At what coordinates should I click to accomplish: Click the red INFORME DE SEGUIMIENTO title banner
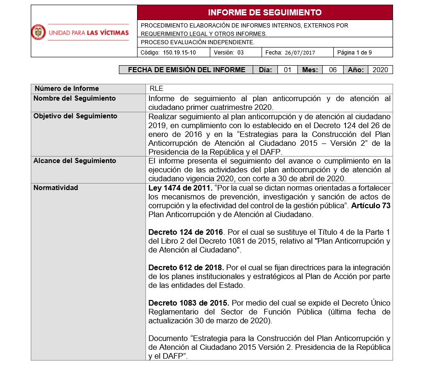tap(265, 13)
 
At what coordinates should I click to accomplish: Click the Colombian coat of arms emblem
tap(38, 32)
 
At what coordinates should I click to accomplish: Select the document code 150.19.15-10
tap(179, 53)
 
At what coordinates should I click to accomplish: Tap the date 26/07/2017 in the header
tap(297, 53)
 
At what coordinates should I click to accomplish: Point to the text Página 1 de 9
tap(354, 53)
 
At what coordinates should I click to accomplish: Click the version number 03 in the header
tap(241, 53)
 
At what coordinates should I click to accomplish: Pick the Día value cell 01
tap(288, 70)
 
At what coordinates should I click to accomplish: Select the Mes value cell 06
tap(332, 70)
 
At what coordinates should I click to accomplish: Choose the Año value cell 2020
tap(380, 70)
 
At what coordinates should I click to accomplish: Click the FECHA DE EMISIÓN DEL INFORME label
tap(186, 70)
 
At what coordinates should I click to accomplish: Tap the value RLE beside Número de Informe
tap(156, 89)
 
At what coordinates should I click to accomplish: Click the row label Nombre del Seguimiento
tap(75, 98)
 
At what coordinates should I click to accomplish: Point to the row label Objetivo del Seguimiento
tap(76, 116)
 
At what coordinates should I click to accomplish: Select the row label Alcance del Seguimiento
tap(75, 161)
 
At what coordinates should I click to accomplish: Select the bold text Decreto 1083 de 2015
tap(188, 303)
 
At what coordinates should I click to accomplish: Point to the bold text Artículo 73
tap(371, 205)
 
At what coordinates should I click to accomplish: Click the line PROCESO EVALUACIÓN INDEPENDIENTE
tap(198, 42)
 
